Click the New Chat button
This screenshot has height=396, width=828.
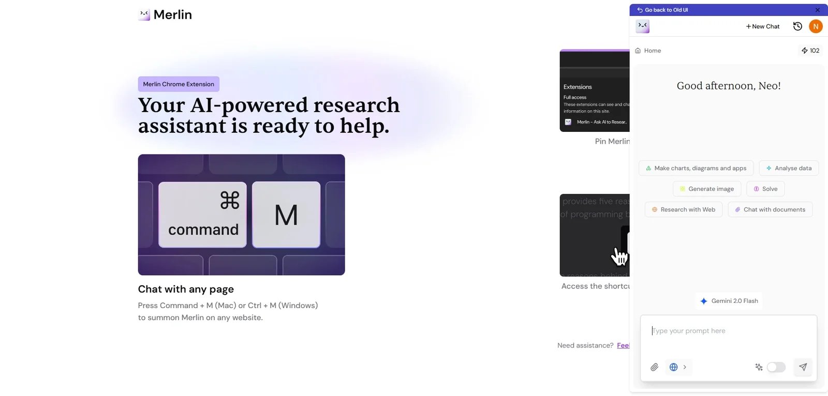coord(762,26)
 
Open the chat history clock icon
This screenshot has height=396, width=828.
coord(797,26)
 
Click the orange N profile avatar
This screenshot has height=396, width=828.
coord(816,26)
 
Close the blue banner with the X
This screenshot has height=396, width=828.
coord(818,10)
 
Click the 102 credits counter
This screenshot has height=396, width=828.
coord(810,51)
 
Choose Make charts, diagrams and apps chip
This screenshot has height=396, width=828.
coord(696,168)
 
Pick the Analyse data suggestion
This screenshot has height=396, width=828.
coord(789,168)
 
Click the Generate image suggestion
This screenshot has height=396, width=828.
coord(707,189)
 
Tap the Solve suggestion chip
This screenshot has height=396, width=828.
coord(765,189)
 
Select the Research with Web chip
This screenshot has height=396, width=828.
coord(684,209)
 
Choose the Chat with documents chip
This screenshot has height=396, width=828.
coord(770,209)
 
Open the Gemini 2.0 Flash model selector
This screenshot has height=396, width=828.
coord(729,301)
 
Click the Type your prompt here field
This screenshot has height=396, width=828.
coord(728,331)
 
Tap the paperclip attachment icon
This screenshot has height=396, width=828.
coord(655,367)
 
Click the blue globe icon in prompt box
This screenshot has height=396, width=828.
coord(674,367)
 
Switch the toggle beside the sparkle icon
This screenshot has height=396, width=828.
coord(776,367)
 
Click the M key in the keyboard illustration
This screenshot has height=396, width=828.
coord(286,215)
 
